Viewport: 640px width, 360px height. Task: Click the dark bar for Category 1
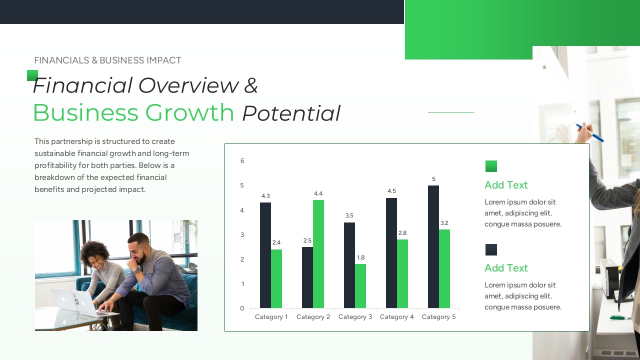(x=265, y=255)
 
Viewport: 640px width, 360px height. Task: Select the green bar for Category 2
(x=318, y=254)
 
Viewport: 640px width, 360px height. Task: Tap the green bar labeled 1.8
(x=360, y=286)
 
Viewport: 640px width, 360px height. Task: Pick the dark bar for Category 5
(x=433, y=247)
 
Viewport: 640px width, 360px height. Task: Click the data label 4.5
(x=391, y=191)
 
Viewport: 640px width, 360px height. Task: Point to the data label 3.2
(x=444, y=223)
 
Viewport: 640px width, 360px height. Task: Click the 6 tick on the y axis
(x=242, y=161)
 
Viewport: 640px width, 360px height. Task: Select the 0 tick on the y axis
(x=242, y=308)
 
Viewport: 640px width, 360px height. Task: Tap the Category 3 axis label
(x=355, y=317)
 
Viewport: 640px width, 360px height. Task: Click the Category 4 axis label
(x=397, y=317)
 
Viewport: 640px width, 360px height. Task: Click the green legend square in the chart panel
(x=491, y=166)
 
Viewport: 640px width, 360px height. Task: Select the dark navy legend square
(x=491, y=249)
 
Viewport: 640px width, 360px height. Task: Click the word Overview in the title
(x=188, y=85)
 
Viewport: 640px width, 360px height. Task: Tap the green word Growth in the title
(x=189, y=113)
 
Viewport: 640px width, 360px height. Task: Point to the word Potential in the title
(x=291, y=113)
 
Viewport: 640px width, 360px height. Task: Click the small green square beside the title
(x=32, y=75)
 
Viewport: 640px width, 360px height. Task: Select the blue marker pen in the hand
(x=589, y=132)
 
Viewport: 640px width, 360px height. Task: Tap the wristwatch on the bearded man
(x=137, y=269)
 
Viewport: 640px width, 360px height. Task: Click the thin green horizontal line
(x=451, y=112)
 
